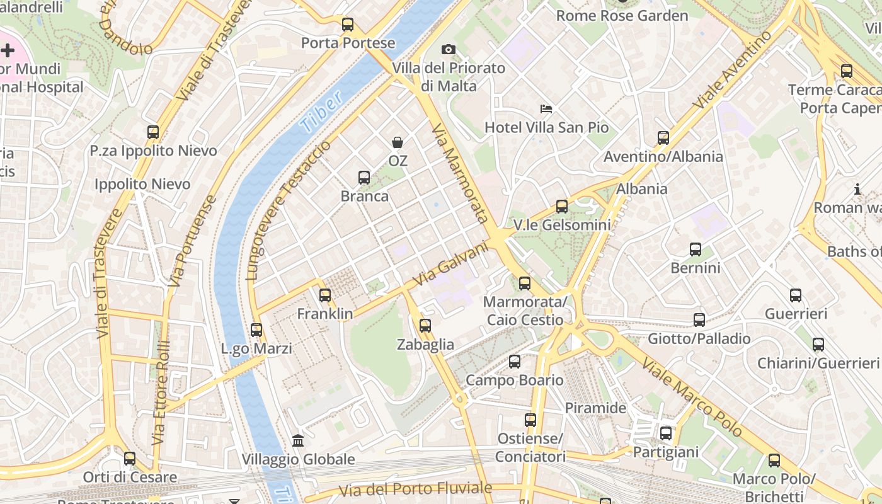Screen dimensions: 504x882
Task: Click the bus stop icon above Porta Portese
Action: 347,25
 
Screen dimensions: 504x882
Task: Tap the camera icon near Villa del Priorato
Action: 448,49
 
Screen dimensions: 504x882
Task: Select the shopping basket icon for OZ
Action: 398,142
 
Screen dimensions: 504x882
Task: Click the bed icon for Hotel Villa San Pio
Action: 546,109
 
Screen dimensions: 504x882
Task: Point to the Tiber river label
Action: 321,112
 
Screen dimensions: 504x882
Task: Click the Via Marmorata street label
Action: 460,173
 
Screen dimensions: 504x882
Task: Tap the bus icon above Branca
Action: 364,178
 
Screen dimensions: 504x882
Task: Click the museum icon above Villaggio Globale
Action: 299,441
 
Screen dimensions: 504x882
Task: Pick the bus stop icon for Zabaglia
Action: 425,325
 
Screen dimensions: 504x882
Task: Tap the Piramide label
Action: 595,408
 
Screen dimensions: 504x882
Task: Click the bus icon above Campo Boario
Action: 515,362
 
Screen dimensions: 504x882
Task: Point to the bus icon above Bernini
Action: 696,249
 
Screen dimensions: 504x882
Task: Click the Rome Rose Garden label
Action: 622,16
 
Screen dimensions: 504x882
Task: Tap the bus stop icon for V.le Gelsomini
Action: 562,206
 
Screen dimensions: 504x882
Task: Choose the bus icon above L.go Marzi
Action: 256,329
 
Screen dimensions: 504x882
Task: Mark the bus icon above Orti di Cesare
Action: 130,459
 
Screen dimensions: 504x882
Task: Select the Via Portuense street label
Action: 193,241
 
